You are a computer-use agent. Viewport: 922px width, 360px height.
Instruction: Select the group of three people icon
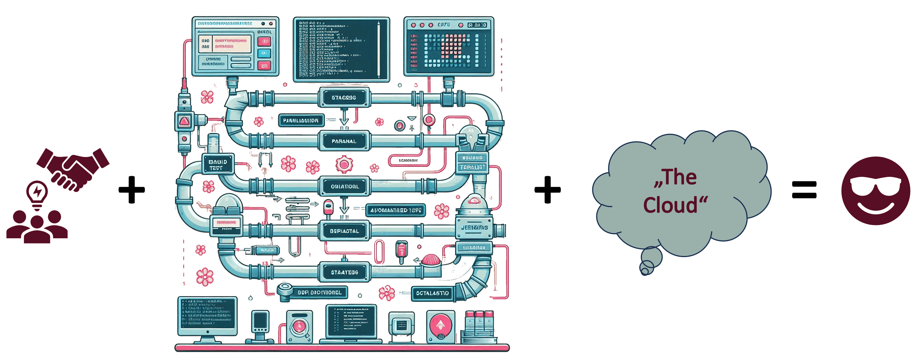pos(37,227)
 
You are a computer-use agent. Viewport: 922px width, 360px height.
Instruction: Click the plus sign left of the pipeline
pos(132,190)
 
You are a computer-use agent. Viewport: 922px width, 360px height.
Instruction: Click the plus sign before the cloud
pos(547,190)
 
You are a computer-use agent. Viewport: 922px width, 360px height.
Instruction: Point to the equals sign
pos(804,190)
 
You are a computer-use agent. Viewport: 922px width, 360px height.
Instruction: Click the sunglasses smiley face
pos(876,190)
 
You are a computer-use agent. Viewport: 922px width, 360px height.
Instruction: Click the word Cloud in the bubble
pos(671,205)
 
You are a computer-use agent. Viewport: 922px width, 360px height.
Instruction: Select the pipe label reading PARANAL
pos(344,141)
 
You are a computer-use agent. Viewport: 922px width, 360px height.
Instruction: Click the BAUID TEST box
pos(218,164)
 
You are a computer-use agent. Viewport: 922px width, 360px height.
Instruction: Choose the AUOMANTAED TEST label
pos(396,210)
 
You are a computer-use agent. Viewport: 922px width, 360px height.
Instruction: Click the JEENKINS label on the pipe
pos(474,228)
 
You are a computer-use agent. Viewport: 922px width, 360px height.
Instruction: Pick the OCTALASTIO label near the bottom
pos(432,293)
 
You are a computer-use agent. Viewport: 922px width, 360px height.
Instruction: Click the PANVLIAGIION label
pos(301,121)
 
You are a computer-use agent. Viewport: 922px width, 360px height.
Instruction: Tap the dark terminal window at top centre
pos(341,49)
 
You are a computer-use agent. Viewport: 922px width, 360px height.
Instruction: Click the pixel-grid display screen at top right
pos(449,47)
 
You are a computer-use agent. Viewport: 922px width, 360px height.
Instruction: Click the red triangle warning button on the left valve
pos(184,121)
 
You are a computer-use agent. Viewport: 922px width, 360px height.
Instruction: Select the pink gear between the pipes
pos(344,165)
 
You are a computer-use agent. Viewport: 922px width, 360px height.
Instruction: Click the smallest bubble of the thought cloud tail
pos(644,272)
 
